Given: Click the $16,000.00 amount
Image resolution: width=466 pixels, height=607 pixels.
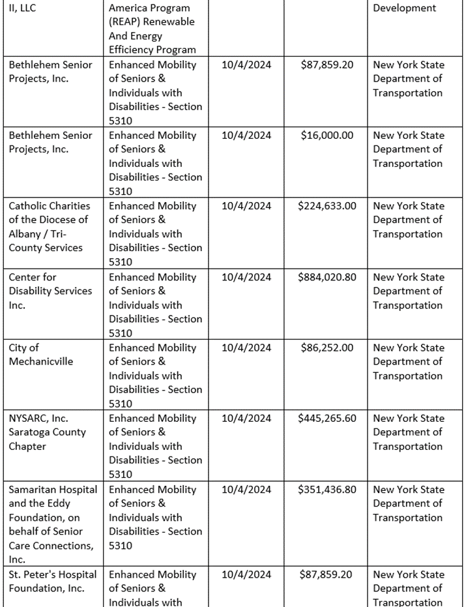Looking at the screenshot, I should point(327,136).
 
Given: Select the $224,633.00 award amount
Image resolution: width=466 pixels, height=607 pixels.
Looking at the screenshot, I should point(327,206).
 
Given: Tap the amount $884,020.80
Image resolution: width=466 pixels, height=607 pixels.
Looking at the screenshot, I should point(327,277).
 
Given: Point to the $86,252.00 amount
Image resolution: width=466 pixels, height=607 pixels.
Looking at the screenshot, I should point(327,348).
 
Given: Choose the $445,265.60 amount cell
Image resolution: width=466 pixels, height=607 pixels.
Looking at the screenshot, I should point(327,419).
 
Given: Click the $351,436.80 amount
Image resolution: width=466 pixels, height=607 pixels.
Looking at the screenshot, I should point(327,490).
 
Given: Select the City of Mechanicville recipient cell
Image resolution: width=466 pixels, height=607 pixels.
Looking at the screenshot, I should point(41,355).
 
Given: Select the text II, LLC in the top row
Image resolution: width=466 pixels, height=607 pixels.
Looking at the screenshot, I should point(23,8).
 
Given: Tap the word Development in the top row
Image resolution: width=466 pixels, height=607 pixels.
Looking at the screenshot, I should point(404,8).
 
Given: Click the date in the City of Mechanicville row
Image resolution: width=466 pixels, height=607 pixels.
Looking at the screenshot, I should point(246,348).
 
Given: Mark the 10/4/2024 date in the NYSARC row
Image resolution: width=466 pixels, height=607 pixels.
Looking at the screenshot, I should point(246,419).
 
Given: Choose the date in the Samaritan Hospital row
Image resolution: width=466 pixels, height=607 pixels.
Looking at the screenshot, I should point(246,490).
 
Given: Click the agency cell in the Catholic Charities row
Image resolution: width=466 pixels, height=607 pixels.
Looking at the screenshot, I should point(408,220).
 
